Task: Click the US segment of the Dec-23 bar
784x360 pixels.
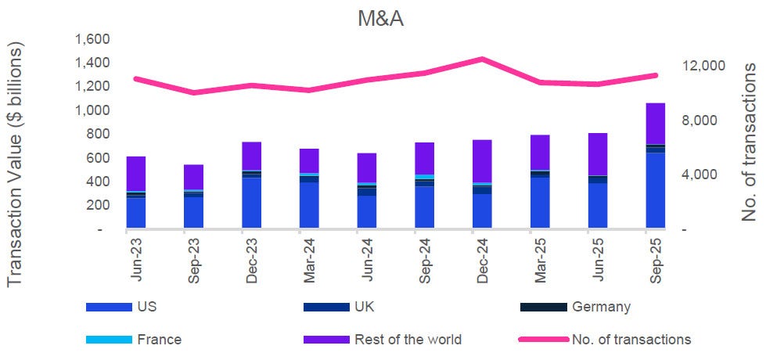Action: (251, 203)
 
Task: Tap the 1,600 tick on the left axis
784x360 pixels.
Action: (93, 40)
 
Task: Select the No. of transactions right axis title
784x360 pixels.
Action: (750, 142)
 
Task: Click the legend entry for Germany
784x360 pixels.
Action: (600, 307)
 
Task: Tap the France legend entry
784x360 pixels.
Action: (159, 340)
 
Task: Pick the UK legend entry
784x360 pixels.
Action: (366, 307)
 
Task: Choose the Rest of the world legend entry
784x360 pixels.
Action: (408, 340)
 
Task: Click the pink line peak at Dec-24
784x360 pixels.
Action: (482, 59)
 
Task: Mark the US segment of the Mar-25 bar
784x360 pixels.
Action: (540, 203)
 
